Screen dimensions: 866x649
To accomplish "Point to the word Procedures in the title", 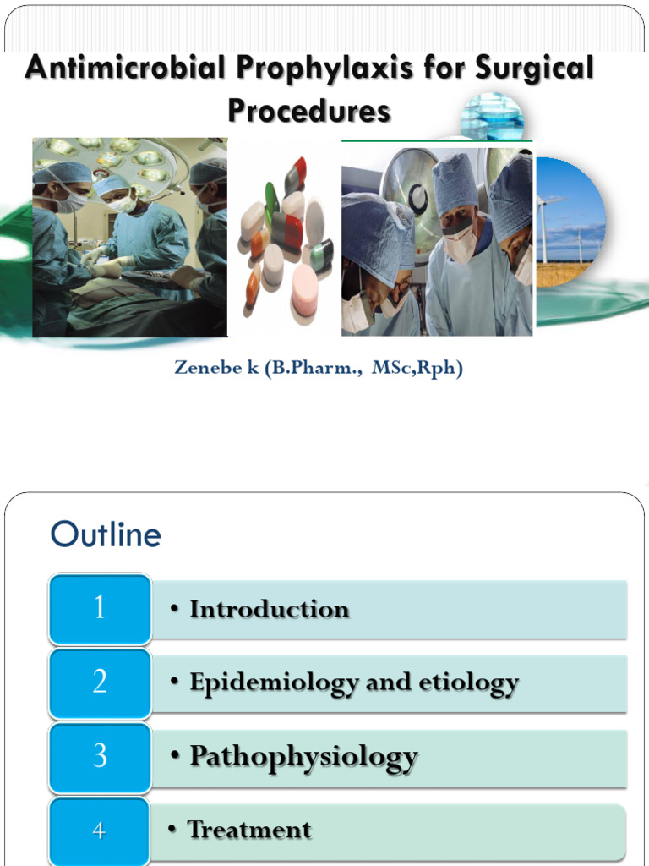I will (309, 111).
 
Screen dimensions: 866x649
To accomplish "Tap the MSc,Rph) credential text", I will (417, 369).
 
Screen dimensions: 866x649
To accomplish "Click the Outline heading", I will (105, 534).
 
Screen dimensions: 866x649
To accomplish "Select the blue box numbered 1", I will (100, 608).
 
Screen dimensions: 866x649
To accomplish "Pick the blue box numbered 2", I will (100, 682).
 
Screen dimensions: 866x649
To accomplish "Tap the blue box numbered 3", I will (100, 755).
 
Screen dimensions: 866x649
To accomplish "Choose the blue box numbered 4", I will (100, 830).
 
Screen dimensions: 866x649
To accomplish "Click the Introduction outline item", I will (269, 609).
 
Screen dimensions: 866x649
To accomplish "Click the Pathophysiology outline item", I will (303, 756).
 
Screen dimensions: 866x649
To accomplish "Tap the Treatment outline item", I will (248, 830).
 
